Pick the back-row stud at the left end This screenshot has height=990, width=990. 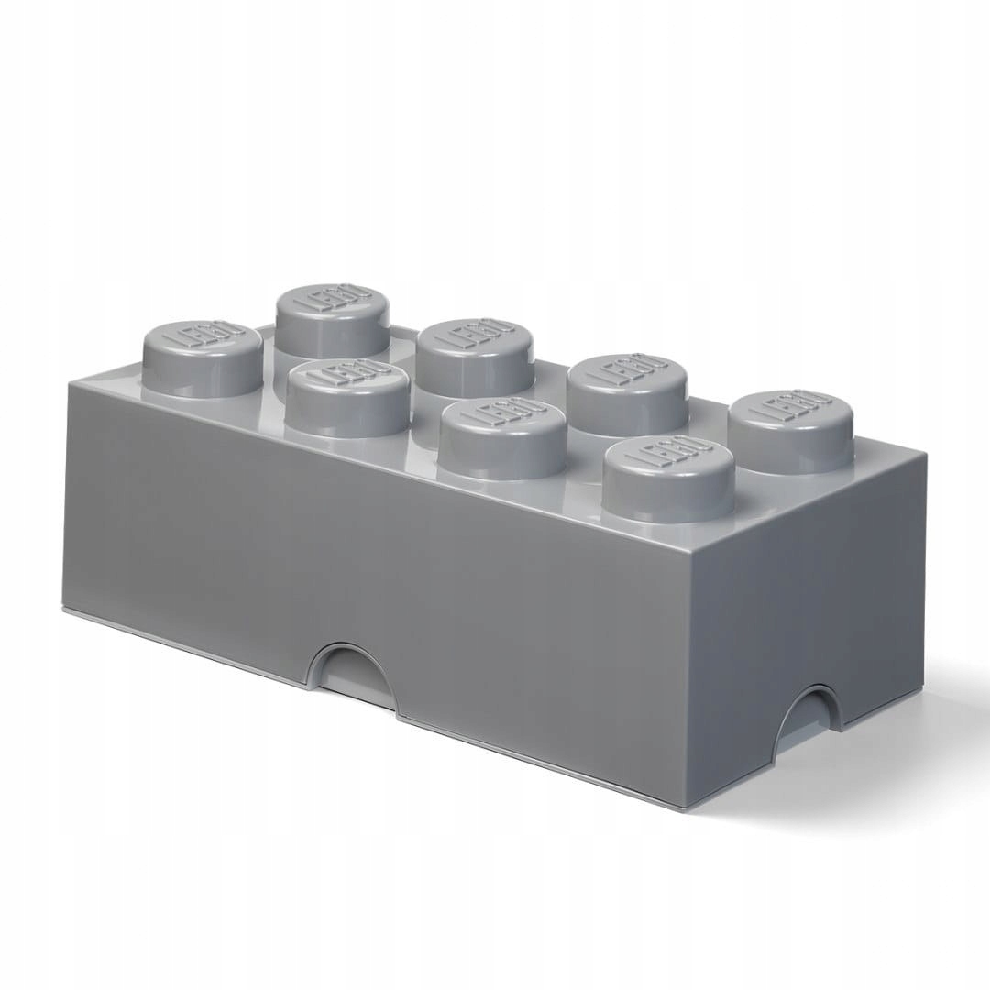pyautogui.click(x=331, y=320)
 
